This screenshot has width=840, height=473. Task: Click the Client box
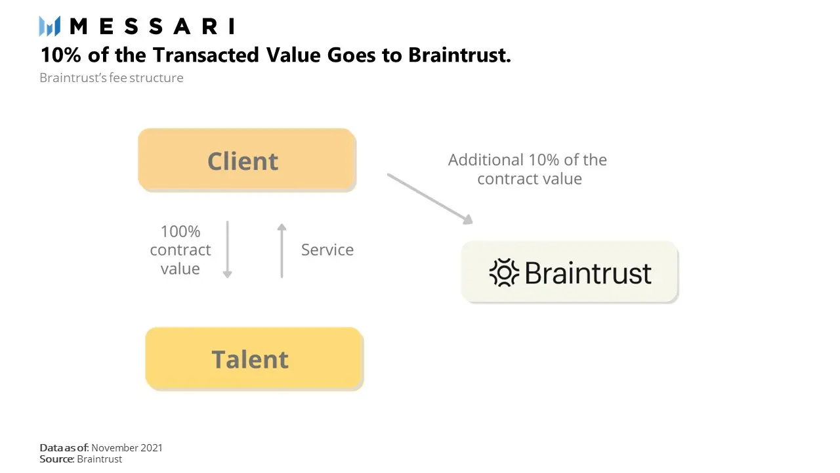pos(247,160)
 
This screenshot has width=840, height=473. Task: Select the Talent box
pos(254,358)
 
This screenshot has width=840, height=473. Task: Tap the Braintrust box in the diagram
pos(569,272)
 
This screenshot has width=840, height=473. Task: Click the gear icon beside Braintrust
pos(504,273)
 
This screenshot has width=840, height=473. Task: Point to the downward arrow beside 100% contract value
pos(227,250)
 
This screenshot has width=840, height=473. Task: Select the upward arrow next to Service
pos(282,250)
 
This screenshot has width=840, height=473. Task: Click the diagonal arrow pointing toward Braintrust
pos(430,199)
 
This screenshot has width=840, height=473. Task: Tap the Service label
pos(327,250)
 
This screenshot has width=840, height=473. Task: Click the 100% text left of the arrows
pos(180,231)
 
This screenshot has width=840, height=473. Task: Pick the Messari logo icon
pos(50,26)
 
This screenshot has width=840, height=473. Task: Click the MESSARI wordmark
pos(152,26)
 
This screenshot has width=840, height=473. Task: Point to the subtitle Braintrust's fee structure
pos(112,78)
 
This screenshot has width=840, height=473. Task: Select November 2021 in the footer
pos(127,447)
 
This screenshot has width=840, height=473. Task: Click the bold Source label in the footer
pos(56,459)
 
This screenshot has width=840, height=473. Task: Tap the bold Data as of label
pos(64,447)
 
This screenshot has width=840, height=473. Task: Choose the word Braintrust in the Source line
pos(99,459)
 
